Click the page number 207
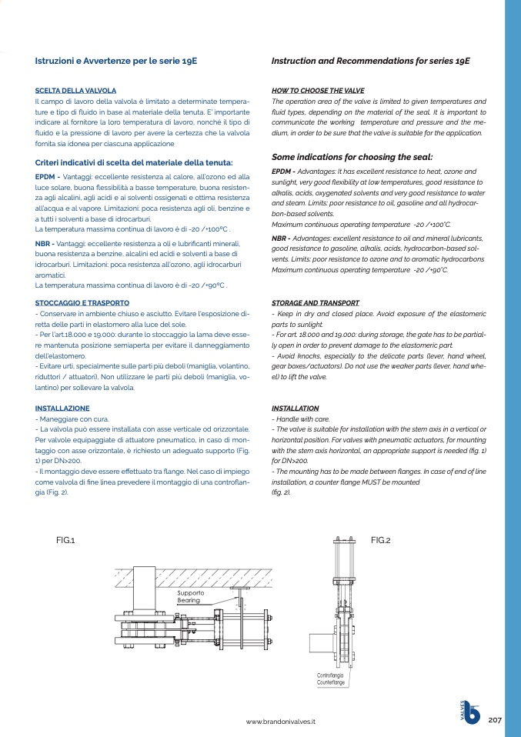[495, 719]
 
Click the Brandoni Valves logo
[470, 712]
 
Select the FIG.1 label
[65, 541]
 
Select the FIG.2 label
[380, 541]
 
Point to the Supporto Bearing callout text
[190, 596]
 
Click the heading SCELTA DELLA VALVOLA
[76, 91]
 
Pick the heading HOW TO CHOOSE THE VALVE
[318, 91]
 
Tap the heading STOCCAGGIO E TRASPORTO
[82, 303]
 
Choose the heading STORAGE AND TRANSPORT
[316, 303]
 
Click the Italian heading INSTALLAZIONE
[62, 409]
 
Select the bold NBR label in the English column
[281, 238]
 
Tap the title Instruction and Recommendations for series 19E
[371, 60]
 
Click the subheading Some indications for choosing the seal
[352, 156]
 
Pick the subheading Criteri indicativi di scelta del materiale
[134, 162]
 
